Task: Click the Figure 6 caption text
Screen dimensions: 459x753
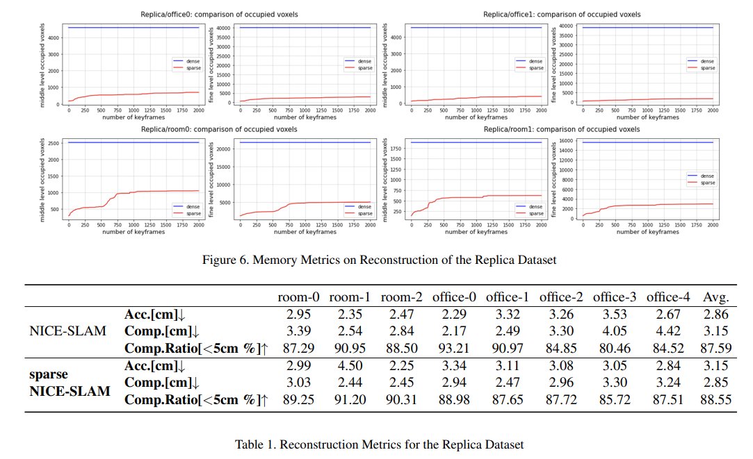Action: (376, 260)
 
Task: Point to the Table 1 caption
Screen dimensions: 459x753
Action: (376, 444)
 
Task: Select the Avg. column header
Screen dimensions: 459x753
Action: (715, 297)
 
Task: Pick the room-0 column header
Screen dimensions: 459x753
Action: (298, 297)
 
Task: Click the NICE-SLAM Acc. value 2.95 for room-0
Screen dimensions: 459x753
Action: (298, 314)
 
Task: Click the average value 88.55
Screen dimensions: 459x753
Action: (715, 399)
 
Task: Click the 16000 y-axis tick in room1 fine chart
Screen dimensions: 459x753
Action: (570, 141)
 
